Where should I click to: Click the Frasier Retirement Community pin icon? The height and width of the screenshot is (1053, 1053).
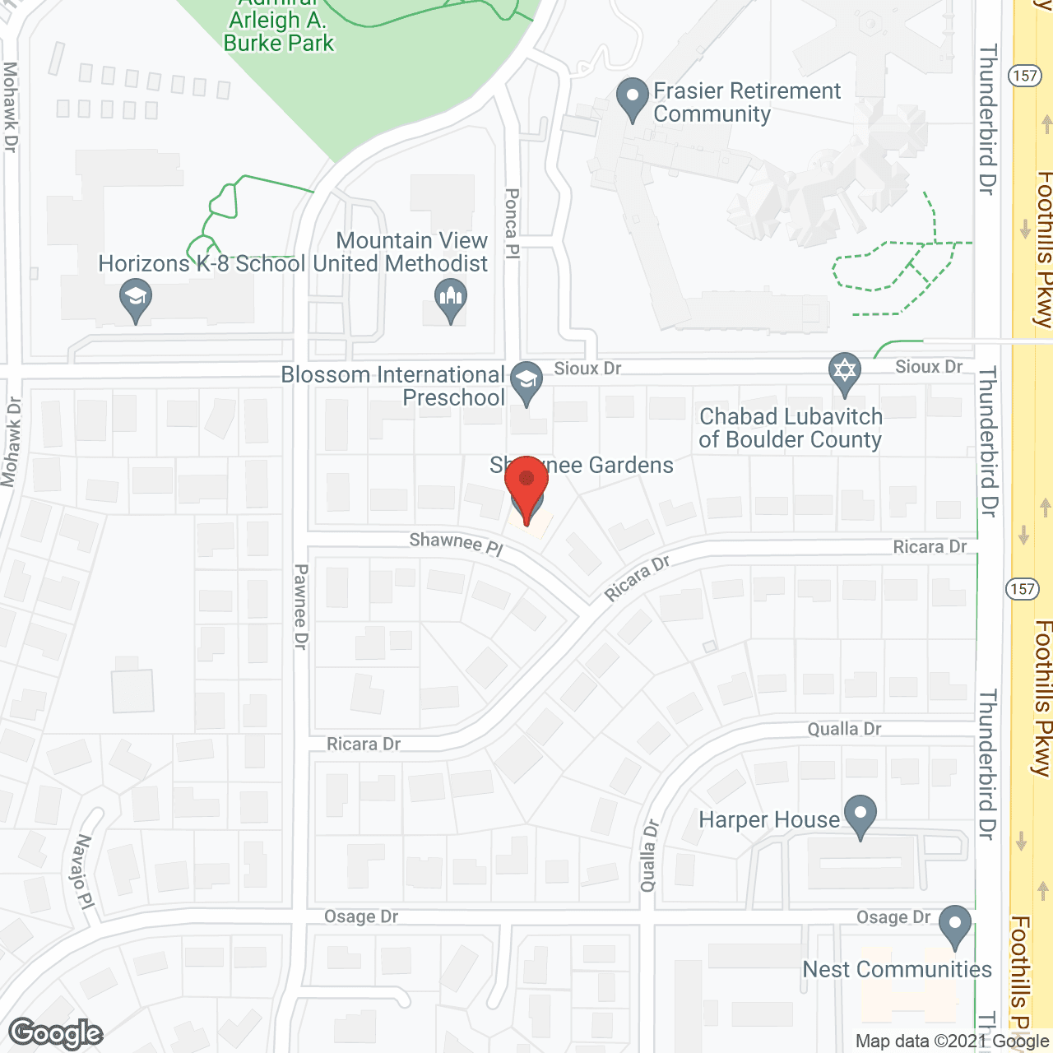click(x=632, y=98)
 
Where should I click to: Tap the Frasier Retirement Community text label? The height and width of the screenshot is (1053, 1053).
click(x=746, y=102)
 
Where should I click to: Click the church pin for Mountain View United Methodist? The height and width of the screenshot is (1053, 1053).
click(x=450, y=299)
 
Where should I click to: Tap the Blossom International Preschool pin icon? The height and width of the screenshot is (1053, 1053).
click(x=526, y=382)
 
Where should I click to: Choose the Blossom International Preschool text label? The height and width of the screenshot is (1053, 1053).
click(x=393, y=386)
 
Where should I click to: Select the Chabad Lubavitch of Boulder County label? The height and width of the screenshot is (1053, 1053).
click(x=790, y=428)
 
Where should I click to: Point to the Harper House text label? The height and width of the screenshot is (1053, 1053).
click(x=769, y=820)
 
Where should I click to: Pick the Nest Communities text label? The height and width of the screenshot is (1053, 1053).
click(x=897, y=969)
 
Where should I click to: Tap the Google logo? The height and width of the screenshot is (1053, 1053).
click(x=56, y=1033)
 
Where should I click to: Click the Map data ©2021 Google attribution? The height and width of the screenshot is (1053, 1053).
click(x=952, y=1041)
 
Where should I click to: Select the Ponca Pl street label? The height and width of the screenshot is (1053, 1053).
click(x=512, y=224)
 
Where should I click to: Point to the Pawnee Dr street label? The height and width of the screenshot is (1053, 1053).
click(x=301, y=606)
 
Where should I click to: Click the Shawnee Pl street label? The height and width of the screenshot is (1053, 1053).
click(x=456, y=543)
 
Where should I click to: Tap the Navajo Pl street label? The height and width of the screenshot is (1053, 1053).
click(x=84, y=871)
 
